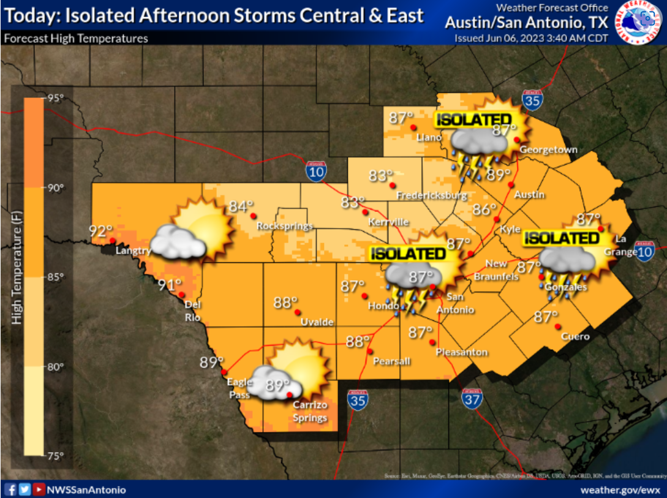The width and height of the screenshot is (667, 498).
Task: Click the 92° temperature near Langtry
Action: [x=101, y=230]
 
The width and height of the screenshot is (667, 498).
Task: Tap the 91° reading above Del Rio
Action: [x=170, y=284]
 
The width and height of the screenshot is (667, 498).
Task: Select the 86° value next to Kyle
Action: [x=484, y=210]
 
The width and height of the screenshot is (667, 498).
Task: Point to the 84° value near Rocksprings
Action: [x=241, y=206]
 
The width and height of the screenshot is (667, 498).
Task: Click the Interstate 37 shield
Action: [x=472, y=398]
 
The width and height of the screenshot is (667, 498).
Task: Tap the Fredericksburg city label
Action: [x=432, y=196]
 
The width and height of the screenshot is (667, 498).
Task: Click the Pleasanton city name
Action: [x=462, y=352]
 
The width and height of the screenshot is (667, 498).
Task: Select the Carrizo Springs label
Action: [x=310, y=412]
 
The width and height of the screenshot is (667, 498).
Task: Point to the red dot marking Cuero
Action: [x=557, y=325]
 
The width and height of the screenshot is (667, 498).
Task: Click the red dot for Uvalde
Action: [x=298, y=312]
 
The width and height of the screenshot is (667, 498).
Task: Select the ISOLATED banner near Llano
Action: [x=473, y=119]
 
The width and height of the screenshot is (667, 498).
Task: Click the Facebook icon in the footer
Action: [x=10, y=489]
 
